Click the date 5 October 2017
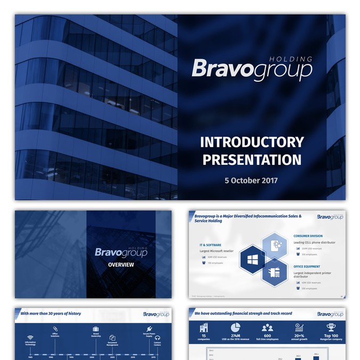(x=251, y=180)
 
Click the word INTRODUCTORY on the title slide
(x=252, y=142)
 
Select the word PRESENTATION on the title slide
(x=252, y=159)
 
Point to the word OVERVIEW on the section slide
(x=121, y=265)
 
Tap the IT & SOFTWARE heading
(x=210, y=245)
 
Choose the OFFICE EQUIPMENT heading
(x=307, y=266)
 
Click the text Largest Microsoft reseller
(x=217, y=251)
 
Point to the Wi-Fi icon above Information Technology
(x=30, y=338)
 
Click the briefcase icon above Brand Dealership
(x=96, y=329)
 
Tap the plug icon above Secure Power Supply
(x=149, y=329)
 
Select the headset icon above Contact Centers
(x=158, y=338)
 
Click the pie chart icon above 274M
(x=235, y=327)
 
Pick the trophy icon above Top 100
(x=331, y=327)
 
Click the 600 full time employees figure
(x=267, y=335)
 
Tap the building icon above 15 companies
(x=204, y=327)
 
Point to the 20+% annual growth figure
(x=299, y=335)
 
